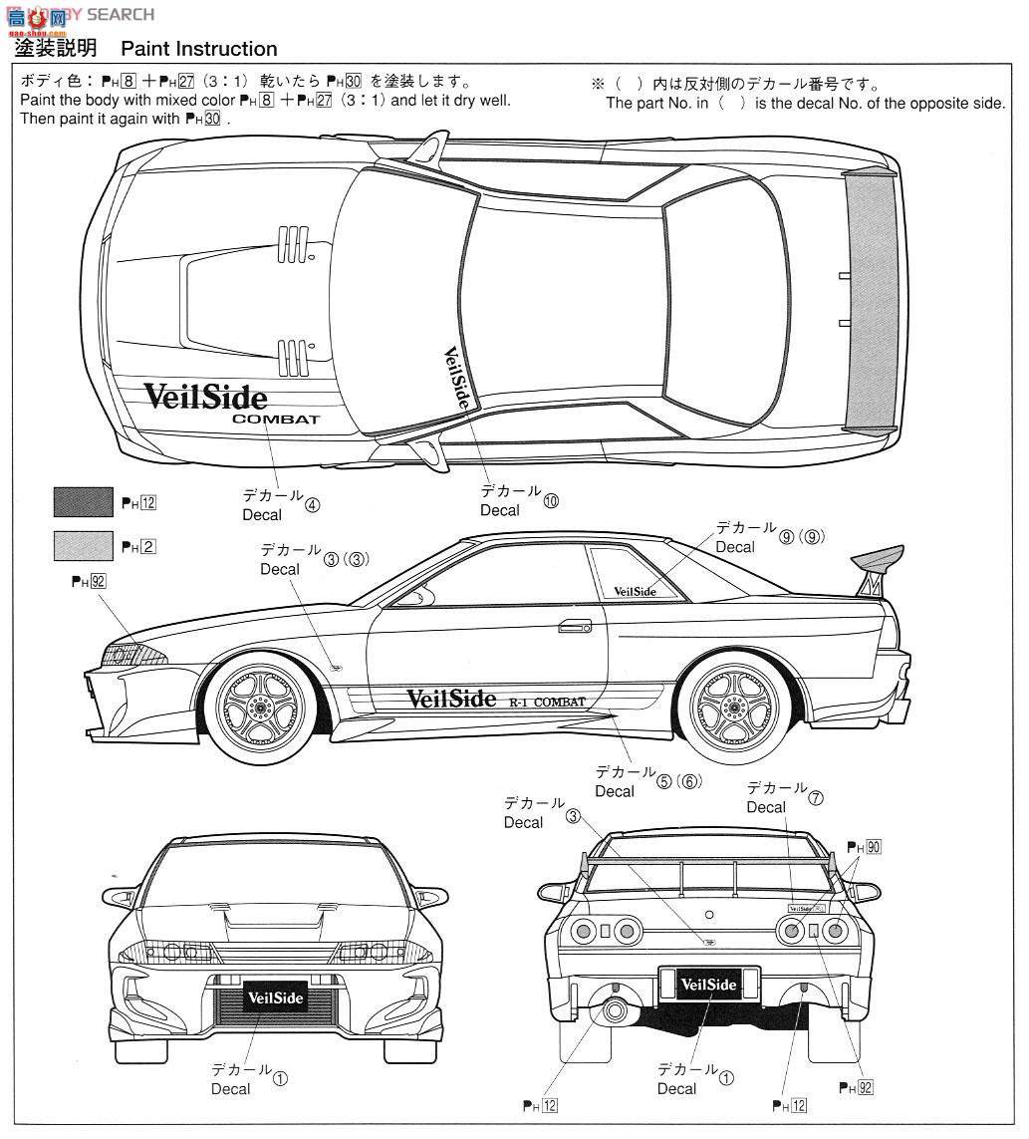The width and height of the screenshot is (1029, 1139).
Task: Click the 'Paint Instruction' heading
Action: coord(199,49)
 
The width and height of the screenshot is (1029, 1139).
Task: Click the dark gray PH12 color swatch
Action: coord(83,502)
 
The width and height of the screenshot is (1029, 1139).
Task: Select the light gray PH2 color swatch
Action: coord(83,545)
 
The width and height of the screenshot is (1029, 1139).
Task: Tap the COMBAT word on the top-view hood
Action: coord(276,420)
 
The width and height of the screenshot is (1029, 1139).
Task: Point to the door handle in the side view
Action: coord(575,626)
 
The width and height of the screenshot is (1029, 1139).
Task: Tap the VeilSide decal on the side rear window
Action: coord(635,591)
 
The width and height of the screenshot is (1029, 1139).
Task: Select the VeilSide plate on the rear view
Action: coord(708,986)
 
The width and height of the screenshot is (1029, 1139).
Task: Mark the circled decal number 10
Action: coord(551,501)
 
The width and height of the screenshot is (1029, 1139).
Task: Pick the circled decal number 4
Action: coord(313,504)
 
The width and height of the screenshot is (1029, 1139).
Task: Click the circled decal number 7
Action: coord(816,798)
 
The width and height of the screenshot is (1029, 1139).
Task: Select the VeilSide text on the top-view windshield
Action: coord(455,383)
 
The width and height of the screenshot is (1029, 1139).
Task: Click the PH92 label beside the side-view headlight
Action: coord(89,581)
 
